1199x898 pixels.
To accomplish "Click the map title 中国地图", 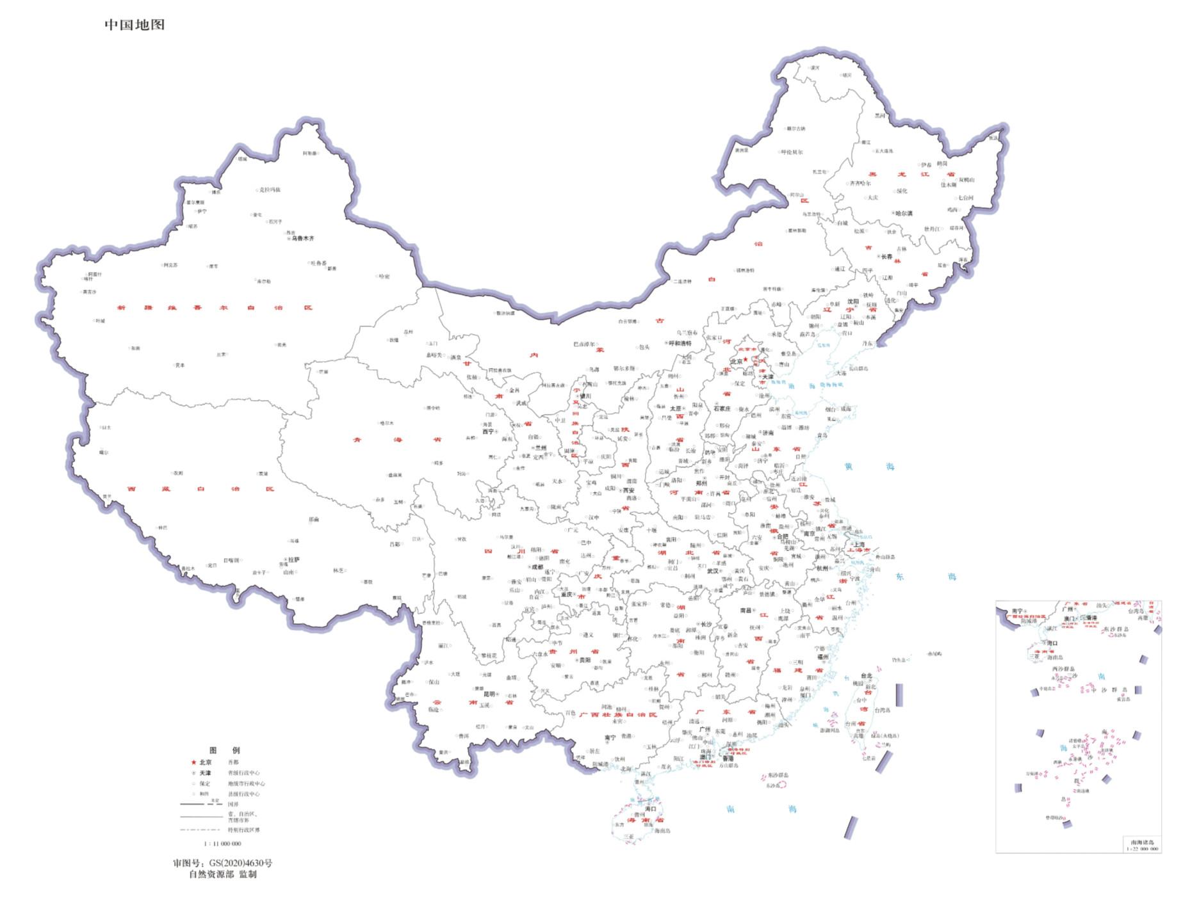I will pos(135,25).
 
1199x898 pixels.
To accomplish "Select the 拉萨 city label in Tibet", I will pos(293,559).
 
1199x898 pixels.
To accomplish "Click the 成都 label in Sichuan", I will pos(536,566).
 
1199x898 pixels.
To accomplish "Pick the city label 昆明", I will pos(489,694).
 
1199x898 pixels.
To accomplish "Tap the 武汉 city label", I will pos(712,571).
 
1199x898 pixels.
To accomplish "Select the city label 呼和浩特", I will pos(680,344).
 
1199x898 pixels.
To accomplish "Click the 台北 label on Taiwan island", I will pos(866,675).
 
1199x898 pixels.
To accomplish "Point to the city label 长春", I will pos(886,256).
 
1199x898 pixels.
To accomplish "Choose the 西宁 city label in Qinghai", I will pos(488,431).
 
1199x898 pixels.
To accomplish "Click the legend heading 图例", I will pos(224,750).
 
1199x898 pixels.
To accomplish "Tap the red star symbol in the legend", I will pos(193,762).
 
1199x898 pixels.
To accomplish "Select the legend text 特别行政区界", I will pos(243,830).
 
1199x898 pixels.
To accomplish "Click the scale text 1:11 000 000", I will pos(222,844).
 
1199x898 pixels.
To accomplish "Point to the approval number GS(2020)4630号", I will pos(222,863).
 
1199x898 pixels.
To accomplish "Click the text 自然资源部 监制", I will pos(222,874).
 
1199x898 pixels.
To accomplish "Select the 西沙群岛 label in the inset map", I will pos(1064,669).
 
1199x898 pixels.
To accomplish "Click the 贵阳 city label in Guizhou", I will pos(585,660).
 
